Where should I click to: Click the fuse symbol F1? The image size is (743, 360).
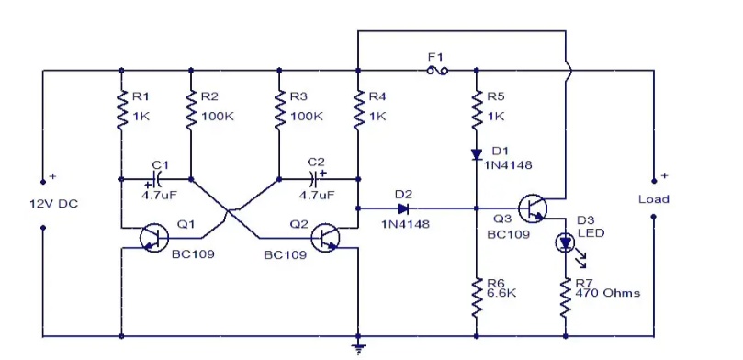pos(437,71)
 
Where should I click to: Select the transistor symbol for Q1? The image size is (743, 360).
pos(154,238)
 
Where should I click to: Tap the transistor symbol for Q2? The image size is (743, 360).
pos(325,238)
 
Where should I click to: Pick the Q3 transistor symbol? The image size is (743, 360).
pos(532,208)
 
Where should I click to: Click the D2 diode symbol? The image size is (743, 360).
pos(403,208)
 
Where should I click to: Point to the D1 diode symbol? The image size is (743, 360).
pos(477,154)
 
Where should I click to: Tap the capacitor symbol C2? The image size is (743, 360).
pos(313,179)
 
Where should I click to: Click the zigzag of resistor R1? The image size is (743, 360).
pos(122,110)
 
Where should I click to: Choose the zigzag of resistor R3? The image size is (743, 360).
pos(278,110)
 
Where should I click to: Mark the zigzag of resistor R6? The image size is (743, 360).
pos(477,298)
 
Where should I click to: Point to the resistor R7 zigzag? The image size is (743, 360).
pos(566,298)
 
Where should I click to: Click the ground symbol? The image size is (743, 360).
pos(358,348)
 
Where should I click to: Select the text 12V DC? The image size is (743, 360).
pos(53,204)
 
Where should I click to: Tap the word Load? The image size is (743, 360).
pos(653,199)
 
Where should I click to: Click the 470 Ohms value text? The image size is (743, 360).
pos(607,293)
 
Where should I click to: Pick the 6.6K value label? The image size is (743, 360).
pos(501,293)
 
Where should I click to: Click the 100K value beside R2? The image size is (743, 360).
pos(218,116)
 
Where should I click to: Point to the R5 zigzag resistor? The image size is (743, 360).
pos(477,110)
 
